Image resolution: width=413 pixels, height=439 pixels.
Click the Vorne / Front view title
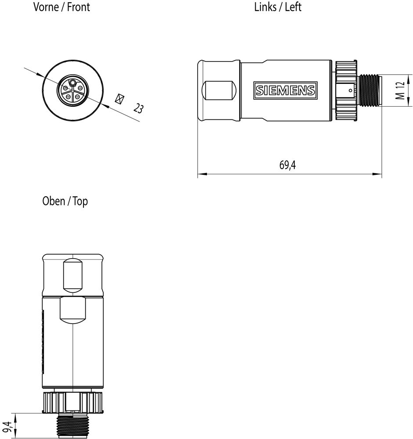click(62, 7)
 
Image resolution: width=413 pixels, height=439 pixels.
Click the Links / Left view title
click(278, 7)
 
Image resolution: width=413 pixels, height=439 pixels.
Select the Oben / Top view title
click(65, 201)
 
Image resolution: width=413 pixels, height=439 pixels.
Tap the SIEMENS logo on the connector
click(286, 90)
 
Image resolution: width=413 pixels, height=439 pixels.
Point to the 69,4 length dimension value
click(287, 165)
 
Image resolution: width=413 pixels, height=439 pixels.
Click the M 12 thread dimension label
click(400, 90)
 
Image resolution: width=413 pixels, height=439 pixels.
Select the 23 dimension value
click(138, 108)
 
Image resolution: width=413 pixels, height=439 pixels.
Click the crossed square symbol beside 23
click(120, 99)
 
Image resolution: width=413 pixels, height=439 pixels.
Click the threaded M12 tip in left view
click(370, 90)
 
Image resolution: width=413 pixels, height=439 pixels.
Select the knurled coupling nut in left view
click(345, 90)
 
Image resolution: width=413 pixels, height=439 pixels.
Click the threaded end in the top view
click(72, 426)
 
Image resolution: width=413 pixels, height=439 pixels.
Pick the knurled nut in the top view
click(73, 402)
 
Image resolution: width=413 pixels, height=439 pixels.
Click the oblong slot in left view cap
click(219, 91)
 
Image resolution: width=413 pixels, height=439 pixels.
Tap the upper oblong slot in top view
click(73, 276)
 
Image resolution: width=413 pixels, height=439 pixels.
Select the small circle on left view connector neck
click(351, 90)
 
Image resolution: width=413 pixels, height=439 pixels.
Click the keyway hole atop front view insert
click(73, 83)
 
